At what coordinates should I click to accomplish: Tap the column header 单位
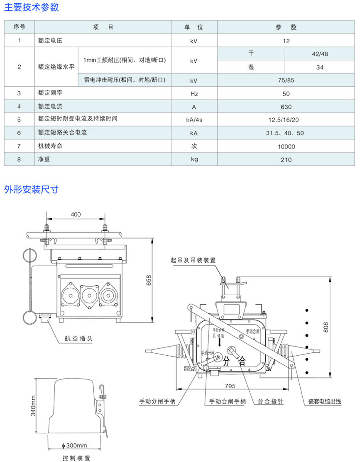(194, 27)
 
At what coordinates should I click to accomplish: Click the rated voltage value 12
(287, 41)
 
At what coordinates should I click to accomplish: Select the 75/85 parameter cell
(287, 80)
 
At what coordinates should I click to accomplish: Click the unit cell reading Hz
(194, 94)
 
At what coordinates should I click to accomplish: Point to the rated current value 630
(287, 107)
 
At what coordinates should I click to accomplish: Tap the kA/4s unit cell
(194, 120)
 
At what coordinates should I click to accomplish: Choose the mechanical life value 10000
(287, 147)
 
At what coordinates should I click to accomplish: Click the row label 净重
(44, 159)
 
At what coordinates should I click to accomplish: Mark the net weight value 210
(287, 160)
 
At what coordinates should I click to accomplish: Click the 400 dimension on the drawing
(76, 214)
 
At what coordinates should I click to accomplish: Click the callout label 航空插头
(78, 338)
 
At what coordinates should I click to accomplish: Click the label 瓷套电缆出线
(324, 401)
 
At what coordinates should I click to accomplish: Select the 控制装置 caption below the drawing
(76, 458)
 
